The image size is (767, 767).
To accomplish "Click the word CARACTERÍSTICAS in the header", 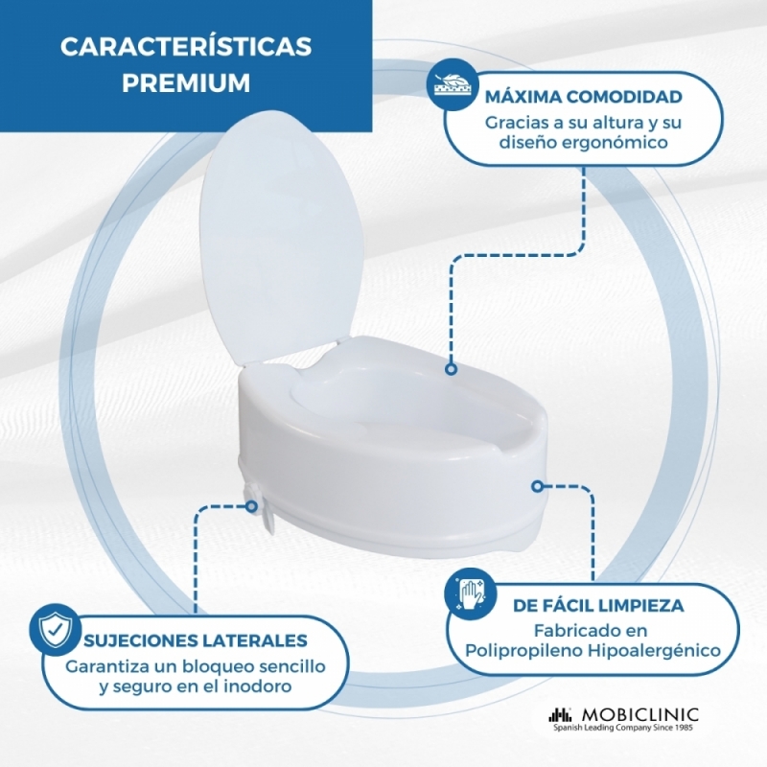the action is click(x=186, y=46).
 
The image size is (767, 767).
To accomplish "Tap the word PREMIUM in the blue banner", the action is click(x=186, y=82).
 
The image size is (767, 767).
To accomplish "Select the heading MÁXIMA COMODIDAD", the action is click(x=583, y=97).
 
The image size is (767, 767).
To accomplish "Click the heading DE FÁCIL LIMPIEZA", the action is click(x=598, y=606).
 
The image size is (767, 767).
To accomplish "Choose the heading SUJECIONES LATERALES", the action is click(x=196, y=640).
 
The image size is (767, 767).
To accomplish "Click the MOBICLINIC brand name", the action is click(x=640, y=714).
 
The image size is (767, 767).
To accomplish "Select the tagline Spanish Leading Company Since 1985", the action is click(x=623, y=729).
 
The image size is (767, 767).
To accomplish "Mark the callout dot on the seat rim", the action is click(x=451, y=369).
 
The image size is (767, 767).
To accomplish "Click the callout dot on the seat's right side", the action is click(x=538, y=487).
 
